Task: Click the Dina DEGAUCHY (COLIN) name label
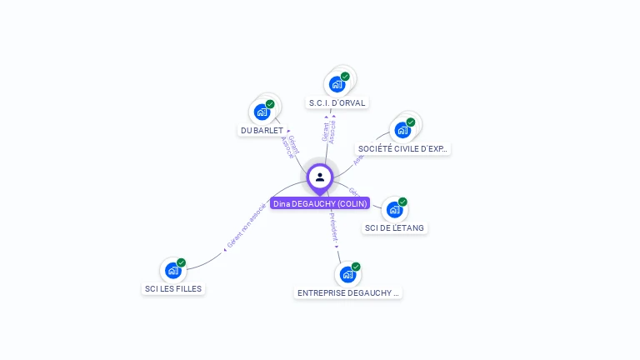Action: click(x=320, y=203)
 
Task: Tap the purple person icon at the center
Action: click(x=320, y=177)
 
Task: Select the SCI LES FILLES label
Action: click(x=172, y=288)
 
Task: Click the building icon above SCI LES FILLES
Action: click(x=172, y=270)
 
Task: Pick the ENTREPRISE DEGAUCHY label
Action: click(x=348, y=293)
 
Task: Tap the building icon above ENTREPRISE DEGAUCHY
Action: click(x=347, y=274)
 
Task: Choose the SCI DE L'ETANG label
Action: click(x=395, y=227)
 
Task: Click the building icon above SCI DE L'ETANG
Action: click(x=394, y=209)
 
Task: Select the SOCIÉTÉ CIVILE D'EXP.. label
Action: click(x=403, y=149)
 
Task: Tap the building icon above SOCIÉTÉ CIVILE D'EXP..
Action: click(x=402, y=130)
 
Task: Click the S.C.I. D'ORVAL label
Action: click(x=337, y=102)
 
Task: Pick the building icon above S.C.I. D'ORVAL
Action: click(x=337, y=84)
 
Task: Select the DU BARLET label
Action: click(x=262, y=130)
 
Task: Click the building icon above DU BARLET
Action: click(x=262, y=112)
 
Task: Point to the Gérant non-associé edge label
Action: click(x=247, y=225)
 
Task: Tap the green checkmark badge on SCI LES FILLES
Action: click(x=181, y=262)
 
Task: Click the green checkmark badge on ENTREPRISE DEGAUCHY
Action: click(x=356, y=267)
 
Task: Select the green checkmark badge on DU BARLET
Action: click(x=270, y=104)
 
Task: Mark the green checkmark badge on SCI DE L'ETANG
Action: click(x=402, y=202)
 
